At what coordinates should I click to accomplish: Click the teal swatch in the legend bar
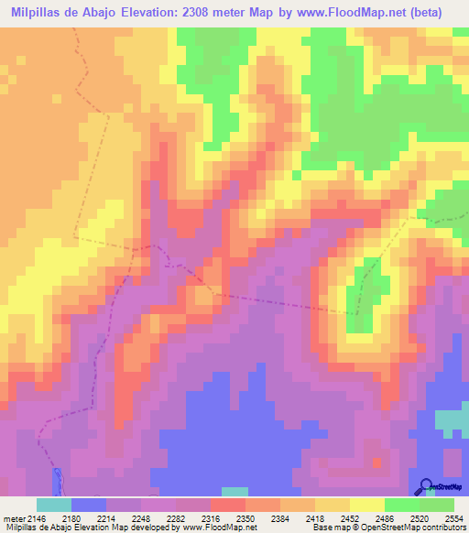pyautogui.click(x=54, y=505)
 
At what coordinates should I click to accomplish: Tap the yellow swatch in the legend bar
pyautogui.click(x=366, y=505)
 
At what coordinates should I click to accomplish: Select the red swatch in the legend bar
pyautogui.click(x=227, y=505)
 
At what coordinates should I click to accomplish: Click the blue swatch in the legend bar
pyautogui.click(x=89, y=505)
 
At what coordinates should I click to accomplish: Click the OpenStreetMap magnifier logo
pyautogui.click(x=425, y=485)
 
